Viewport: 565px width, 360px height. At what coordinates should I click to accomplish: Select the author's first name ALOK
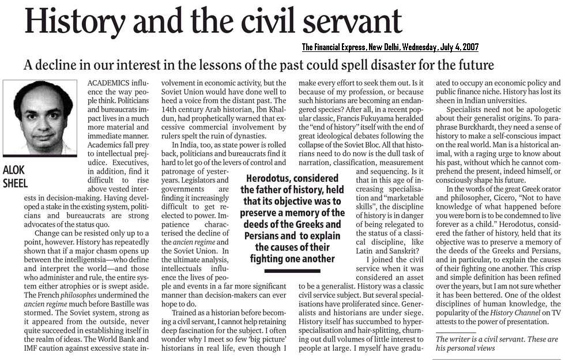(x=15, y=170)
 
